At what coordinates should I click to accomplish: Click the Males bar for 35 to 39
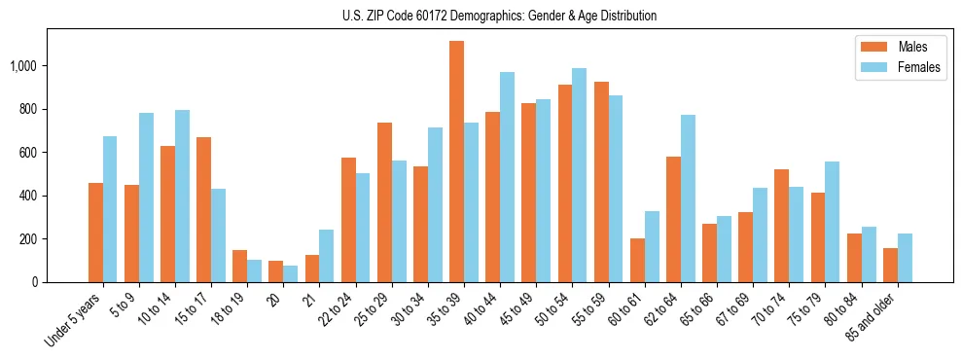(x=456, y=162)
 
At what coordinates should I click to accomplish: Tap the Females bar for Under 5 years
(x=110, y=209)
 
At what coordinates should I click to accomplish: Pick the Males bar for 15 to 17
(x=203, y=209)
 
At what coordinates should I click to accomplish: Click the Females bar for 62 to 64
(x=688, y=198)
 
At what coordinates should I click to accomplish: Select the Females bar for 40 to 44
(x=507, y=177)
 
